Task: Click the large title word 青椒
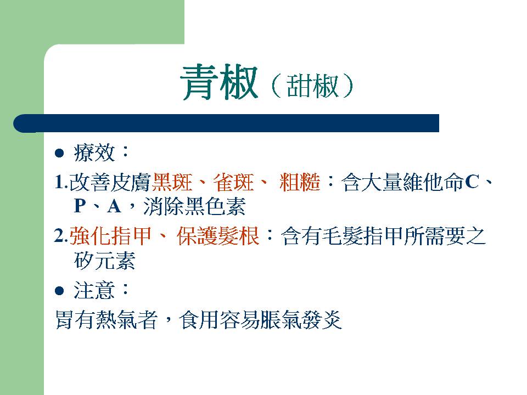tap(219, 82)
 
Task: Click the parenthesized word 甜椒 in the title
tap(312, 86)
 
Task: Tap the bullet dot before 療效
tap(59, 153)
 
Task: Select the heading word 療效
tap(94, 153)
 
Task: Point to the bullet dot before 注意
tap(59, 291)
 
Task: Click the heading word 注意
tap(94, 290)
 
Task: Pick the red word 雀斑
tap(234, 182)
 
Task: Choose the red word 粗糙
tap(300, 182)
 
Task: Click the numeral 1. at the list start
tap(61, 183)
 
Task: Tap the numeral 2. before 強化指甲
tap(61, 236)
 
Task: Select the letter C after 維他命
tap(472, 182)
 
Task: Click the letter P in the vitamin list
tap(80, 206)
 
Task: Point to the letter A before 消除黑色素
tap(114, 206)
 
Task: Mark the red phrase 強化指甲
tap(110, 235)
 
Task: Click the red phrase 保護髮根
tap(218, 235)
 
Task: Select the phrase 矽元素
tap(104, 260)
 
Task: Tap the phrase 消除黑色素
tap(194, 206)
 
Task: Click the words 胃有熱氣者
tap(106, 320)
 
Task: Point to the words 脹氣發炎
tap(301, 320)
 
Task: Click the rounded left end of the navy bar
tap(18, 123)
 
